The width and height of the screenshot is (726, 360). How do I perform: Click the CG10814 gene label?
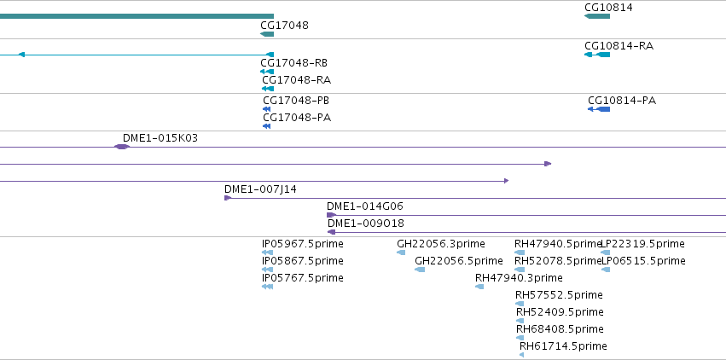click(x=608, y=8)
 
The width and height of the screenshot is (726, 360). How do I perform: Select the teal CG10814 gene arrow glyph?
click(x=597, y=16)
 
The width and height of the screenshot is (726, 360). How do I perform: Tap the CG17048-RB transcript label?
click(x=294, y=63)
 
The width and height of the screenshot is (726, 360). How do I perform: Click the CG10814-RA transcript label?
click(x=619, y=46)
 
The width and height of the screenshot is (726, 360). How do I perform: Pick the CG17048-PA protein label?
click(x=297, y=118)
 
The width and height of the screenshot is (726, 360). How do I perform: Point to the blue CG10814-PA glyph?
click(x=599, y=109)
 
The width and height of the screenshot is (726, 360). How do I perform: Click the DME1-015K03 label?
click(x=160, y=138)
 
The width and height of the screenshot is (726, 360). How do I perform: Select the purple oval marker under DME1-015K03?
click(x=122, y=147)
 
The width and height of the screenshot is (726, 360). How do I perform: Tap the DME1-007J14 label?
click(x=261, y=189)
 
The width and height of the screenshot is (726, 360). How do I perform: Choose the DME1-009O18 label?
click(x=366, y=224)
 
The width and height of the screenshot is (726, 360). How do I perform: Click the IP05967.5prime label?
click(x=303, y=244)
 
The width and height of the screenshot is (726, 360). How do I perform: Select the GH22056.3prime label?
click(x=441, y=244)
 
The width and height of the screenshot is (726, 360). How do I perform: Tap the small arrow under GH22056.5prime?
click(x=420, y=270)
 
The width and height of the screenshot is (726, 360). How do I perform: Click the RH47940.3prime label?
click(x=519, y=278)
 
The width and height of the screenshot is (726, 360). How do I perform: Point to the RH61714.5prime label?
click(x=563, y=346)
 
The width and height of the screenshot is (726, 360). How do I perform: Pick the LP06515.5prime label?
click(x=643, y=261)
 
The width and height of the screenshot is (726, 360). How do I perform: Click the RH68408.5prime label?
click(x=560, y=329)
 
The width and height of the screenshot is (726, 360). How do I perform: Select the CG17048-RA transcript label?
click(x=296, y=80)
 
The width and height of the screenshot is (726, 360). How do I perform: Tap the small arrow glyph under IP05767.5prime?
click(x=267, y=287)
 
